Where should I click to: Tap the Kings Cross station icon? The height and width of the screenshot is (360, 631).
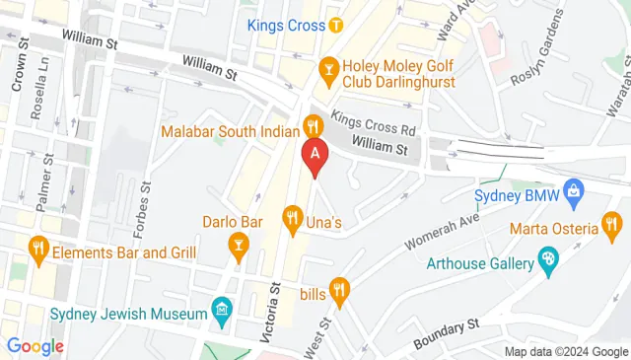336,25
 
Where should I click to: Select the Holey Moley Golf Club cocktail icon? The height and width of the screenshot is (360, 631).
328,68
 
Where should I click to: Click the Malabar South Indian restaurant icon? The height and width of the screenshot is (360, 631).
313,125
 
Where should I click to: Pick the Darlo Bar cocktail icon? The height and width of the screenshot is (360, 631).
238,243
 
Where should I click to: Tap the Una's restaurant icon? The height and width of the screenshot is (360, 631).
292,216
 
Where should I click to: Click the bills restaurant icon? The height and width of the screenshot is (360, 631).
340,289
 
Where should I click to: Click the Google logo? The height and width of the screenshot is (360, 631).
35,346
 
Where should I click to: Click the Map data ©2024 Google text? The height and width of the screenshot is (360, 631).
565,351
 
